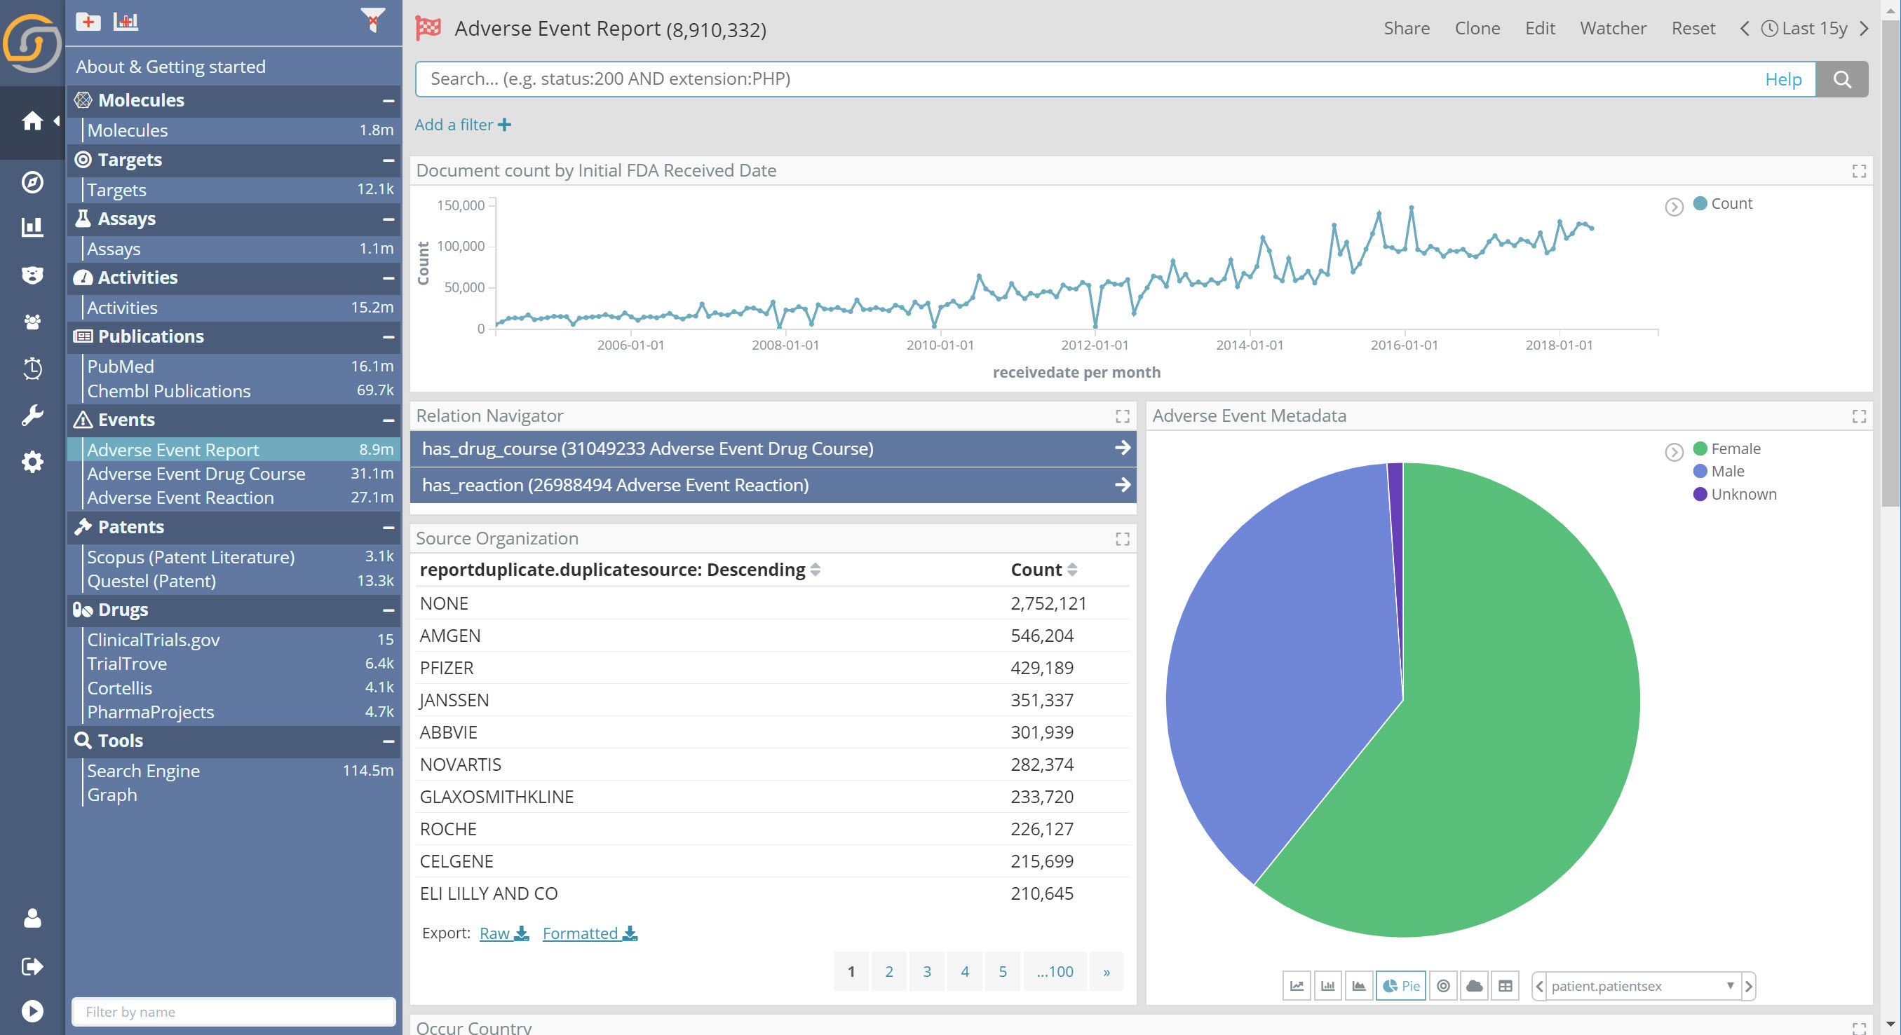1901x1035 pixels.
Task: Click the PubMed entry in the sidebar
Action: (x=121, y=366)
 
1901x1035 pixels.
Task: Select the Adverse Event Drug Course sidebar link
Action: (x=196, y=474)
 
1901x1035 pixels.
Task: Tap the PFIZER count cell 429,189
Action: (x=1041, y=668)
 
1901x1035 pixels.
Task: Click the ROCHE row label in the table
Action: (x=448, y=828)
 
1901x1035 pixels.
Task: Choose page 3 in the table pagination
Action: (x=927, y=971)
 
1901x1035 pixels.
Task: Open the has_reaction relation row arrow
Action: (x=1122, y=485)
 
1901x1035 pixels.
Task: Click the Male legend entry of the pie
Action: (x=1727, y=472)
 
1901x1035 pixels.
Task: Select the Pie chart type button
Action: (x=1400, y=985)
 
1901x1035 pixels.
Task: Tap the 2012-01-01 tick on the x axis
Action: (x=1095, y=345)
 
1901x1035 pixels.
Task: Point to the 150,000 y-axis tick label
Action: (x=461, y=205)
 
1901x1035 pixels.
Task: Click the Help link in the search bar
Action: (x=1782, y=79)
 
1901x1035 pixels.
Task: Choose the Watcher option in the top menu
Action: (x=1613, y=28)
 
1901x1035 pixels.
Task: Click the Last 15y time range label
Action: (x=1813, y=28)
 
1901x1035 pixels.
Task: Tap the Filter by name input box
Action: (x=234, y=1011)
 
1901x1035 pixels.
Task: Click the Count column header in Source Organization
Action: (x=1036, y=570)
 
